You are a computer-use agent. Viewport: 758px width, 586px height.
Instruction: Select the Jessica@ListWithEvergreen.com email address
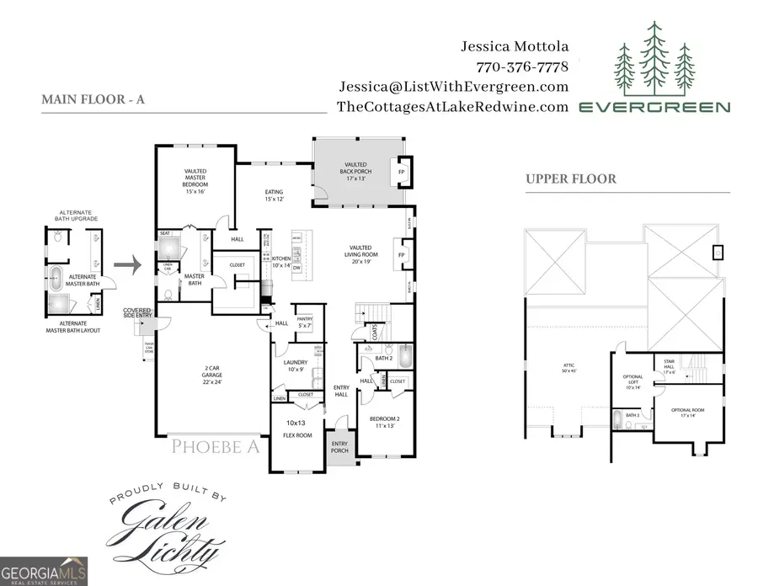tap(454, 87)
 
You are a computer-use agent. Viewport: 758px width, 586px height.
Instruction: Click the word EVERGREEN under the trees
tap(654, 107)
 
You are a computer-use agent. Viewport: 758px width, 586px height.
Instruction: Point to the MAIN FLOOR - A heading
tap(93, 99)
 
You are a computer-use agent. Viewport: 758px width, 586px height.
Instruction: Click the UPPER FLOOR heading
tap(571, 178)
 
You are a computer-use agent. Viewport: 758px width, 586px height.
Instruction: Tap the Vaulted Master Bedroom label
tap(195, 181)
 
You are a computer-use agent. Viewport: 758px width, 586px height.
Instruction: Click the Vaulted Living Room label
tap(363, 255)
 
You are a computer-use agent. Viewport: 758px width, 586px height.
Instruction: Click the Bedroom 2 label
tap(384, 422)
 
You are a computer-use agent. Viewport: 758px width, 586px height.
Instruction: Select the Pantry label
tap(305, 321)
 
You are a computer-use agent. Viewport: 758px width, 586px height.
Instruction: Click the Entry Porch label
tap(339, 448)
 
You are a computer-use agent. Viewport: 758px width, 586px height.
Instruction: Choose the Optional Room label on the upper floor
tap(687, 413)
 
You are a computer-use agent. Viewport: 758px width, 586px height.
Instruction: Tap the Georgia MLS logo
tap(44, 571)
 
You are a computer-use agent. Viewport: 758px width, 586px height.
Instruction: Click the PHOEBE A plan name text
tap(216, 446)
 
